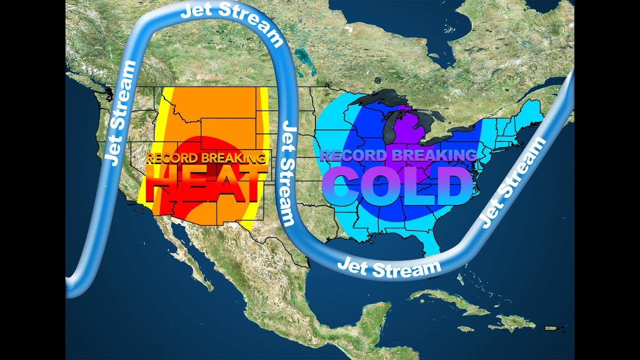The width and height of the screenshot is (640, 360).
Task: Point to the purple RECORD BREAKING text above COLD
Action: coord(398,155)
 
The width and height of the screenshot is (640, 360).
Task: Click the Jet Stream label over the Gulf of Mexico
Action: coord(389,267)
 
